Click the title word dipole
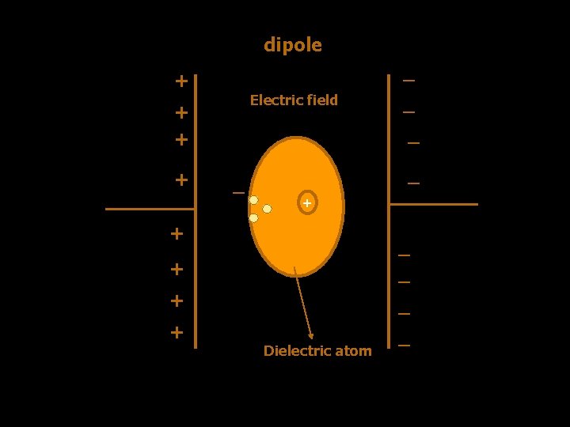(293, 45)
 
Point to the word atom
(354, 350)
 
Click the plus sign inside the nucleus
(307, 203)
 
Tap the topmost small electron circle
(253, 200)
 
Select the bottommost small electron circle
(253, 217)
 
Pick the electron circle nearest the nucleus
(268, 209)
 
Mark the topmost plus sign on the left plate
(181, 81)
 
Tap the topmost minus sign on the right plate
(408, 80)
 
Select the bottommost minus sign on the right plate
(405, 346)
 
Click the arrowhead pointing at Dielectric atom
(312, 336)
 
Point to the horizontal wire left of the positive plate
(150, 209)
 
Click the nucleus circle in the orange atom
(307, 203)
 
